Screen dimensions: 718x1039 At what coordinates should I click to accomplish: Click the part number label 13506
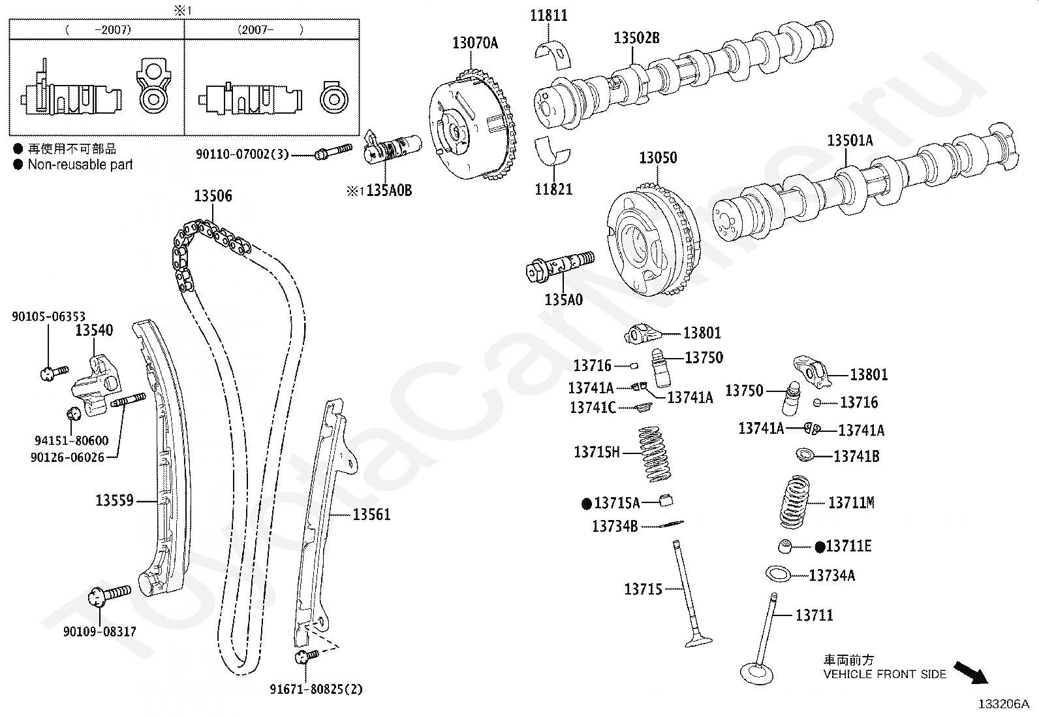(213, 196)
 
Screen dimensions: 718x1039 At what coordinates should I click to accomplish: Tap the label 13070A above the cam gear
(475, 43)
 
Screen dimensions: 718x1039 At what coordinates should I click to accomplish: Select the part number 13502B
(636, 39)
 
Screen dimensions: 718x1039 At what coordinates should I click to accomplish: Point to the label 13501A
(850, 140)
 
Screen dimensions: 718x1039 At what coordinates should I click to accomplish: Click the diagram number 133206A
(1003, 704)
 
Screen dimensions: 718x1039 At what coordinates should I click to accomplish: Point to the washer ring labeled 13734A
(779, 574)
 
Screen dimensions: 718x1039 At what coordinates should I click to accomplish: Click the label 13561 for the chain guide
(371, 515)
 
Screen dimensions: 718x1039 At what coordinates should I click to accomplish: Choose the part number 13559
(114, 500)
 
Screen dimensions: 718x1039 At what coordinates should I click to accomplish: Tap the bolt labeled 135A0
(560, 267)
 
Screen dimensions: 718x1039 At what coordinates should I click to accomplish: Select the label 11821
(553, 189)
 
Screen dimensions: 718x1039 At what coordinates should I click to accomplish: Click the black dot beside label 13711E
(820, 546)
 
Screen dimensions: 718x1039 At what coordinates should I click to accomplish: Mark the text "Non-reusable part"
(80, 165)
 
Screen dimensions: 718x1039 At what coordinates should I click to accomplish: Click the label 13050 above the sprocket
(658, 158)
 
